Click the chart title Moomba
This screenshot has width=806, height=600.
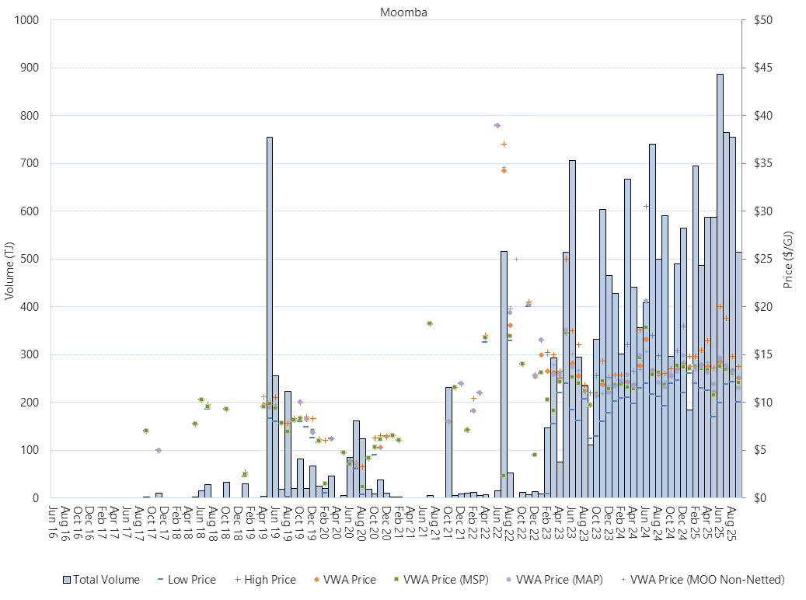403,12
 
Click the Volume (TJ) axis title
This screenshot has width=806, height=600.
10,260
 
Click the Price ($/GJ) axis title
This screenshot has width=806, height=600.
788,260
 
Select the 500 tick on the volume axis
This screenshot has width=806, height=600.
30,259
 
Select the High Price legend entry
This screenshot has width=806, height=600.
263,579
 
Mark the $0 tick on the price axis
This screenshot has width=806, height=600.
750,497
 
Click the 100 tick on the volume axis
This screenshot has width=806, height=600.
30,450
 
